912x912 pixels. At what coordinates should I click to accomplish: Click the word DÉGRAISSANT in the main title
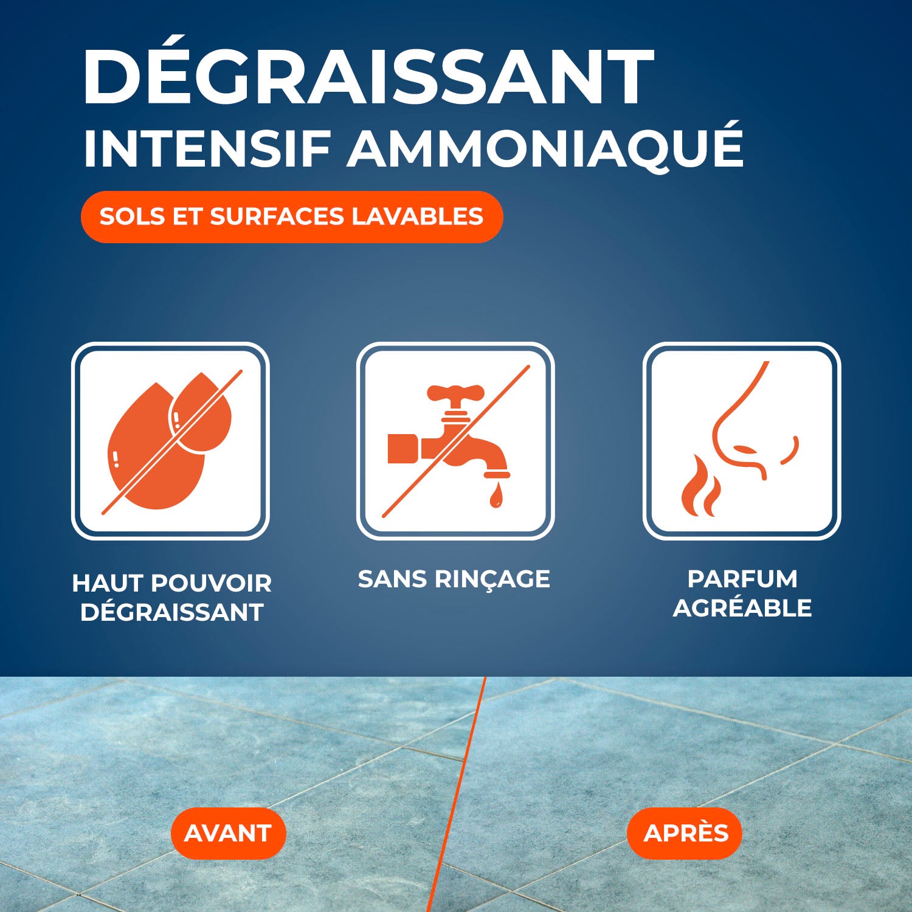pos(368,77)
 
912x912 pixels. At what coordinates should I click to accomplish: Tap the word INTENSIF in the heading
pos(207,148)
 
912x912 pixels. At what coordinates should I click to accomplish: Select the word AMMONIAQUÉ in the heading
pos(545,148)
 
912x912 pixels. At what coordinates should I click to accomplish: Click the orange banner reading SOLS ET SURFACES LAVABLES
pos(292,217)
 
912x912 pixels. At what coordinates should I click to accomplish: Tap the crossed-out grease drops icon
pos(170,441)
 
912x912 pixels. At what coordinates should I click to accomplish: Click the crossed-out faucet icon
pos(455,441)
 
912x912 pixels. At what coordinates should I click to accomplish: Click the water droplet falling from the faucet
pos(497,495)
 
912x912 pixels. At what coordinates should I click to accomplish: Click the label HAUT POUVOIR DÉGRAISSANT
pos(171,598)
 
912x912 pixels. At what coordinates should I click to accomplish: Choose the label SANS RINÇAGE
pos(454,579)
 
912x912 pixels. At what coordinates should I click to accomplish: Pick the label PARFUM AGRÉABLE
pos(742,593)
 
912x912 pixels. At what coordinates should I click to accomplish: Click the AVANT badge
pos(228,833)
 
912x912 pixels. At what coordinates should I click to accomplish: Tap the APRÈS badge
pos(685,833)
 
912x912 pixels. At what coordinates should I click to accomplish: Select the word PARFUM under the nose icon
pos(742,579)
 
